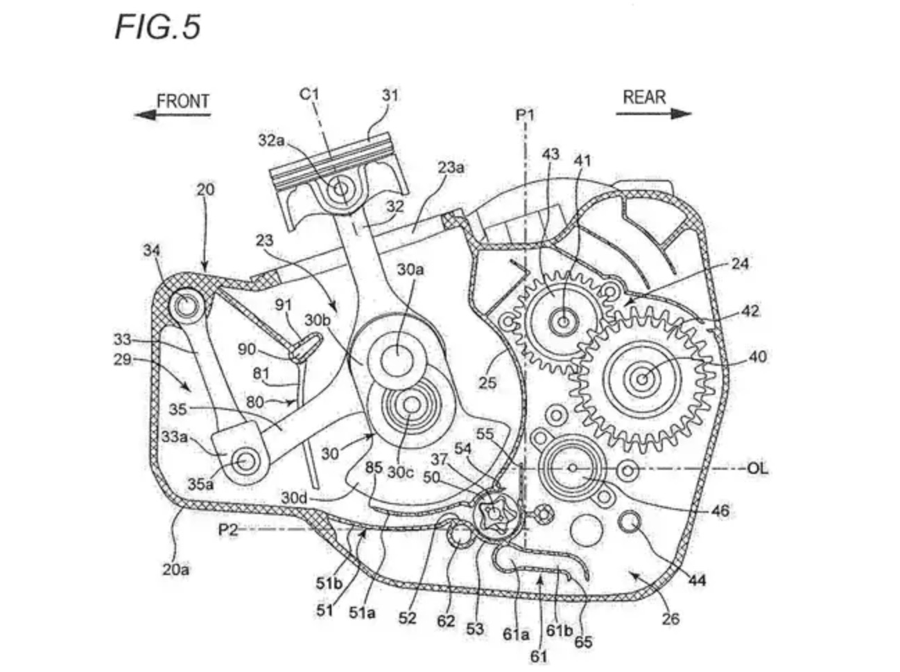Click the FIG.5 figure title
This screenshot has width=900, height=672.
[158, 27]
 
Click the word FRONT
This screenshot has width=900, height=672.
[183, 101]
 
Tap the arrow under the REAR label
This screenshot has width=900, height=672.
[654, 114]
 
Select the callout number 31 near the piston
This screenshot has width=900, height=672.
[390, 96]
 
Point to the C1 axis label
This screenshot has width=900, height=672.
[309, 95]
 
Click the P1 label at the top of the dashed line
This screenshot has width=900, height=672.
[526, 116]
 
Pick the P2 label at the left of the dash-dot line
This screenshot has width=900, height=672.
[228, 530]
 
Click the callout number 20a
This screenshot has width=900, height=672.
[176, 569]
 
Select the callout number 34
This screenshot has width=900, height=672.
[151, 250]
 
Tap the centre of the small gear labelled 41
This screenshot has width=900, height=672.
[564, 321]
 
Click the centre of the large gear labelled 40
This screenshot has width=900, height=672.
[643, 379]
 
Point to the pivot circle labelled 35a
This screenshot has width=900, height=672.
[245, 461]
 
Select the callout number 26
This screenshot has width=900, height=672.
[670, 619]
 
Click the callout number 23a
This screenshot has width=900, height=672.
[451, 168]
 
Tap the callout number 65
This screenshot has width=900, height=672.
[583, 642]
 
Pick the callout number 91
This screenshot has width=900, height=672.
[284, 305]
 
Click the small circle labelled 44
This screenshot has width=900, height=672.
[630, 522]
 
